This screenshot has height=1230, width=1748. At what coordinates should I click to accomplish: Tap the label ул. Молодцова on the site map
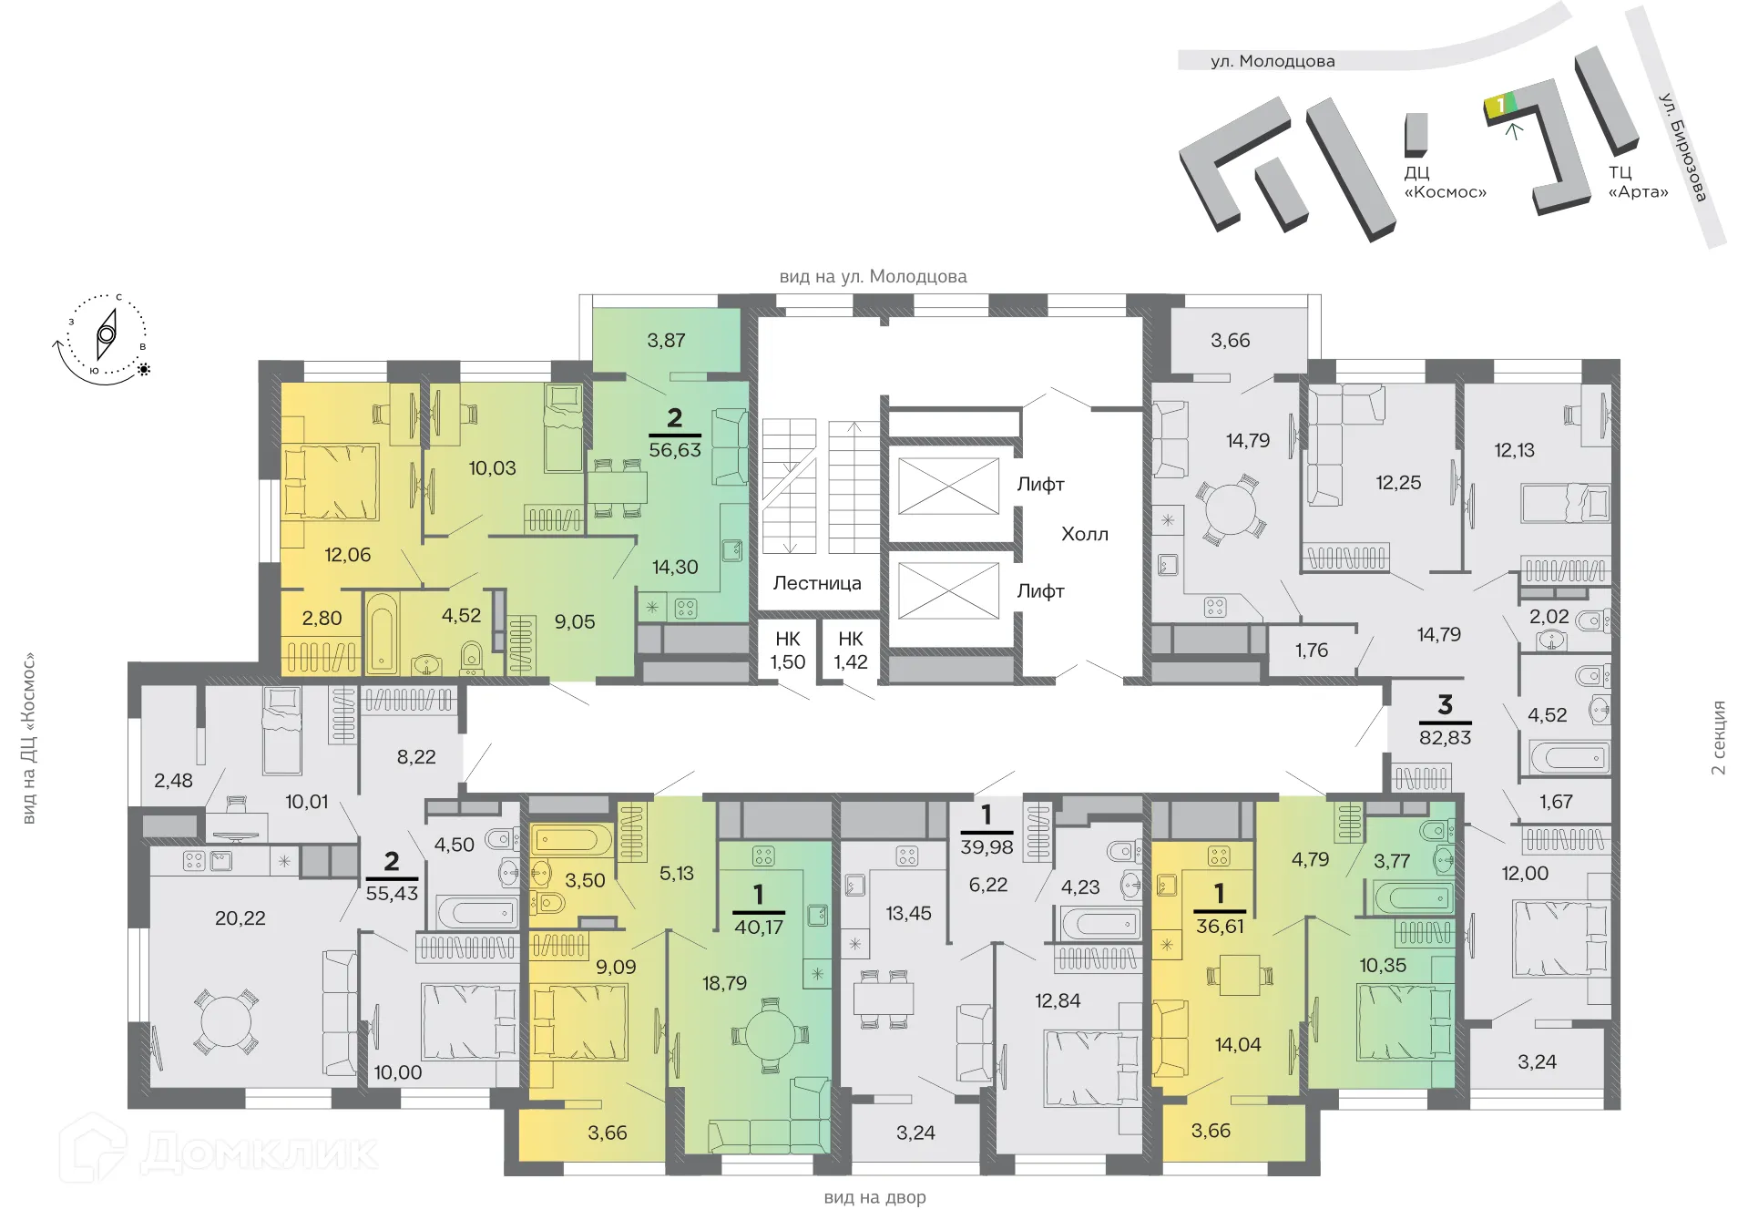tap(1272, 61)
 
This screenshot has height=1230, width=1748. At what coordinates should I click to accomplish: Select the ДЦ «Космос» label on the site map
tap(1444, 182)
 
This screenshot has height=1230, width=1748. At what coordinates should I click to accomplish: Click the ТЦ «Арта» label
tap(1637, 182)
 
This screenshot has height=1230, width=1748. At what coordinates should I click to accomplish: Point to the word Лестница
tap(816, 583)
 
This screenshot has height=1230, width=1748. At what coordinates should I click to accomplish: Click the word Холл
tap(1084, 534)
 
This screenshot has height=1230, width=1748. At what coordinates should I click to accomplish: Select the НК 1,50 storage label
tap(787, 651)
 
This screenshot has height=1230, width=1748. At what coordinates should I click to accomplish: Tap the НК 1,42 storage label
tap(850, 651)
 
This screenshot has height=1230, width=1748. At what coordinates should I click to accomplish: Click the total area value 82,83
tap(1445, 737)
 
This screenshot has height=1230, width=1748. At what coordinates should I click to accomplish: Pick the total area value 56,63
tap(674, 450)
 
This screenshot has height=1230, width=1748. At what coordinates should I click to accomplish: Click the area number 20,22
tap(240, 918)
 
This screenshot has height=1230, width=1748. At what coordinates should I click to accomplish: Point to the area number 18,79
tap(724, 983)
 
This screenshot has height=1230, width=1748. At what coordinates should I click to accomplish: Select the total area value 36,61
tap(1219, 927)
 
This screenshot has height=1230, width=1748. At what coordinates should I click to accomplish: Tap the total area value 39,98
tap(986, 847)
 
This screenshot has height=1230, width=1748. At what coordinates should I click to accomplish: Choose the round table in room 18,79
tap(770, 1034)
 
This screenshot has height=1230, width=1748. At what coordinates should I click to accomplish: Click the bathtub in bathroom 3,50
tap(572, 841)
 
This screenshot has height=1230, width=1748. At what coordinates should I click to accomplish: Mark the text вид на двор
tap(874, 1198)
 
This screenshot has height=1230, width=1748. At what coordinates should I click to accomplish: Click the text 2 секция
tap(1718, 737)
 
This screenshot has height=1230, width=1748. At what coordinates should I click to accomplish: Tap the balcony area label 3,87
tap(666, 341)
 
